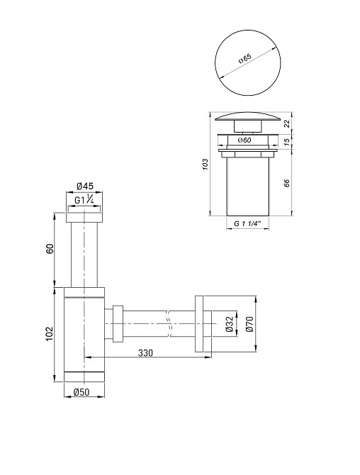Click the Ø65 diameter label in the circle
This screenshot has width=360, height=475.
[245, 58]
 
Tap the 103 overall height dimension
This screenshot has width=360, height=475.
[206, 164]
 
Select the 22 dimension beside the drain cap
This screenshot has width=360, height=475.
[287, 123]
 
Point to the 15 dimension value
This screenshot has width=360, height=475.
[287, 142]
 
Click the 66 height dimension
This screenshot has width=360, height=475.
[287, 183]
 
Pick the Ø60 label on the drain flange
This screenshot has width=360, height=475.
[244, 140]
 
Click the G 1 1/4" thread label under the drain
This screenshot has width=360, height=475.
[247, 224]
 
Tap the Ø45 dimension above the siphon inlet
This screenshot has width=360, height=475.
[85, 186]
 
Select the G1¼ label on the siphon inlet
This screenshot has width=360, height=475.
[84, 199]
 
